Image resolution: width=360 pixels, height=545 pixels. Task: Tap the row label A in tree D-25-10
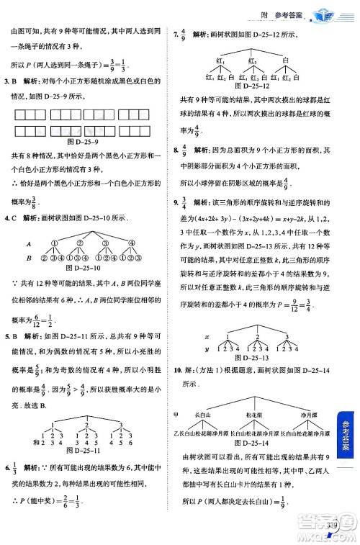(26, 244)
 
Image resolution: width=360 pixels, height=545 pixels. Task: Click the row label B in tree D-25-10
(26, 257)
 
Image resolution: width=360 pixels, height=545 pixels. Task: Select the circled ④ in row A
(131, 244)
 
